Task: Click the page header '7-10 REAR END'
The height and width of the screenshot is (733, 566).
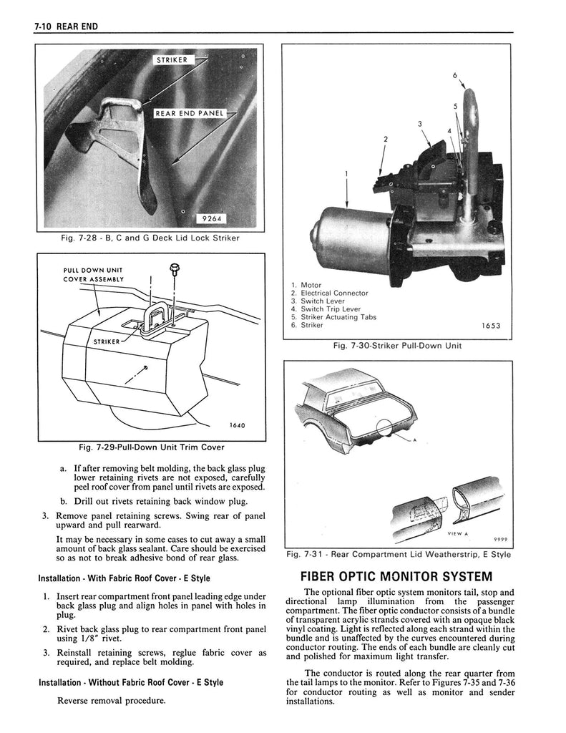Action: [65, 26]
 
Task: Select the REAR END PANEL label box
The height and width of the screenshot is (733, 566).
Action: [190, 113]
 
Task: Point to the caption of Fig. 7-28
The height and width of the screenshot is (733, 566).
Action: [150, 238]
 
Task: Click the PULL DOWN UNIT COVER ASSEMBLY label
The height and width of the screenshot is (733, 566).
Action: [94, 275]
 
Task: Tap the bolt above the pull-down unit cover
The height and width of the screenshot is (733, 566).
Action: [174, 270]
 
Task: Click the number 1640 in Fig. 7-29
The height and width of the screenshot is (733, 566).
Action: [237, 425]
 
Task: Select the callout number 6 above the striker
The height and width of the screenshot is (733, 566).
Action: [455, 75]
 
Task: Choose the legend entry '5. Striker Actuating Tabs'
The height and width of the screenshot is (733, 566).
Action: [333, 317]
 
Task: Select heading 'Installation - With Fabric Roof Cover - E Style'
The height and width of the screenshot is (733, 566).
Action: [125, 578]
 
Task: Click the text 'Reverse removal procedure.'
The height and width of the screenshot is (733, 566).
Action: [112, 700]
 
